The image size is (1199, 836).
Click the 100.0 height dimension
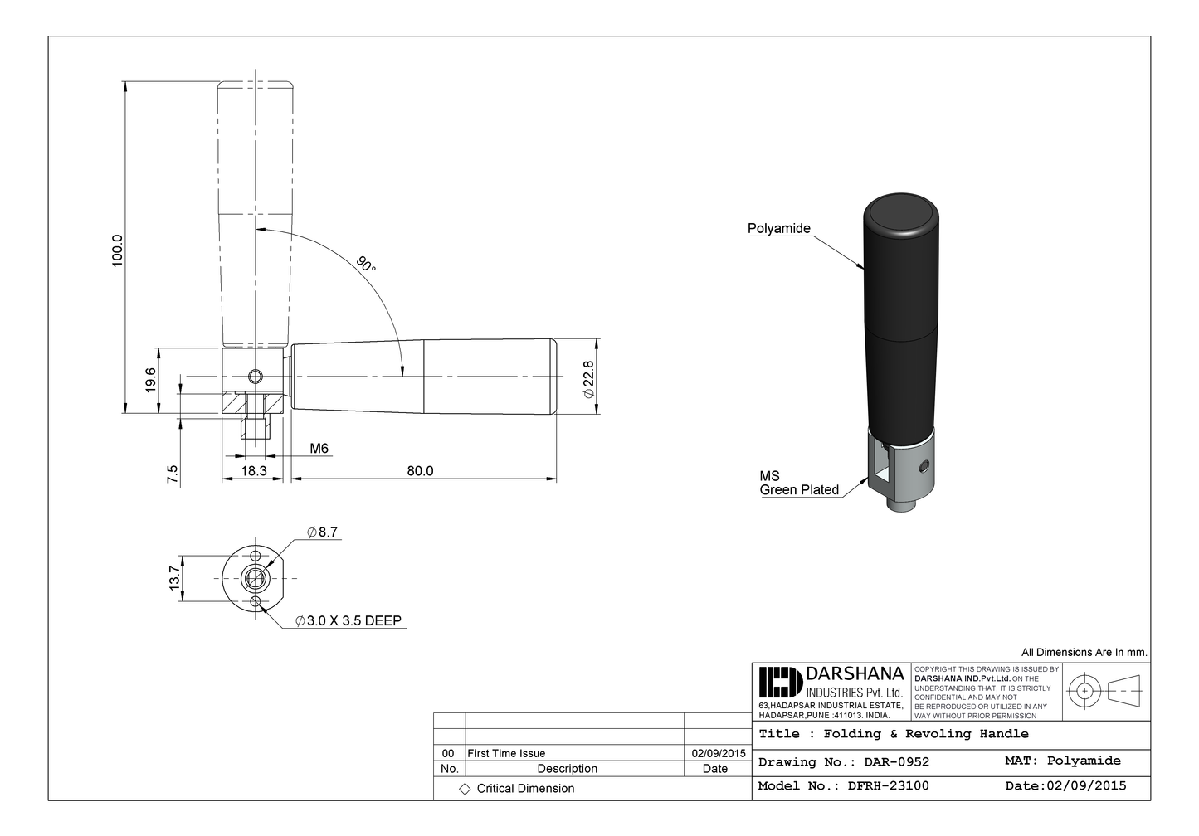(118, 250)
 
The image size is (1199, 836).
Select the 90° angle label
(366, 265)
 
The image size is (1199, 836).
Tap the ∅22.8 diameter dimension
(588, 379)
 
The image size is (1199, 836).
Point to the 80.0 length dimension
(420, 471)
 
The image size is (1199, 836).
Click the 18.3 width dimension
(254, 471)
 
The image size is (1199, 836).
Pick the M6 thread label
(319, 449)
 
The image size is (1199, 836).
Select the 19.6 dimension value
(151, 380)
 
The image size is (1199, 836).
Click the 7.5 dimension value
(173, 474)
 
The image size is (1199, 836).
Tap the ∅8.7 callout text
(322, 532)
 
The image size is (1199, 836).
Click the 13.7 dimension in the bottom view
(174, 578)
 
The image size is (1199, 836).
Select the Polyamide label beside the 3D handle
(778, 229)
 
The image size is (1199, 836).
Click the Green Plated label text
(799, 490)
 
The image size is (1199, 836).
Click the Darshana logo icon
(780, 683)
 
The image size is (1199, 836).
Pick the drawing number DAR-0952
(896, 762)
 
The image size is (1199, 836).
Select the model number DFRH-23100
(888, 786)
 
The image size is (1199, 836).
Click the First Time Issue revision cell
(506, 754)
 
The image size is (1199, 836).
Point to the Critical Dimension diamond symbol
(465, 790)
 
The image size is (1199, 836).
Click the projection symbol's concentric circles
(1084, 691)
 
